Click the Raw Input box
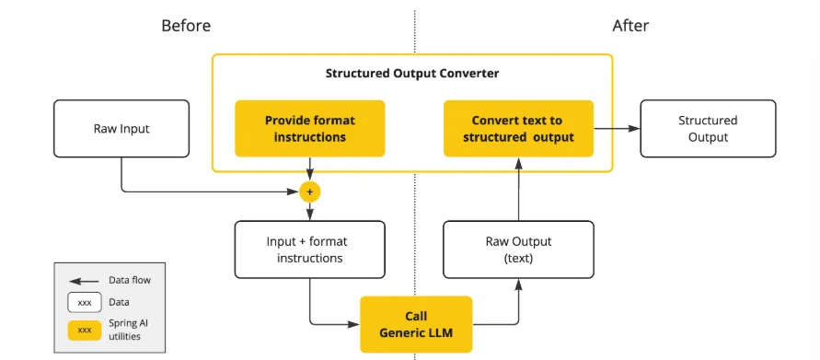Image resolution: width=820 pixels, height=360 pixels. pos(121,129)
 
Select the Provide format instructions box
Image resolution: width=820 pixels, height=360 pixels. pos(309,129)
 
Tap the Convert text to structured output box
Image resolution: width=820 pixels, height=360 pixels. pos(518,129)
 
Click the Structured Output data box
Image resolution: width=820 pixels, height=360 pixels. pos(708,129)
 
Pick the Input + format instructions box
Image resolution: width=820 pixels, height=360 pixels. pos(309,250)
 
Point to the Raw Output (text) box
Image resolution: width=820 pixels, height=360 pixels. pos(518,250)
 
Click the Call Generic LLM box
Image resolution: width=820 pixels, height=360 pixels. pos(416,324)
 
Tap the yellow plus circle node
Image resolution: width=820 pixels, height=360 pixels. pos(309,192)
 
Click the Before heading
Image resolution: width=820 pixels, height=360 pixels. pos(186,26)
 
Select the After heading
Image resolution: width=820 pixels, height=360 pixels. pos(630,26)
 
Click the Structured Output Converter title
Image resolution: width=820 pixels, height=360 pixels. pos(412,74)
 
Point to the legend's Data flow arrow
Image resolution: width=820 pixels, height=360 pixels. pos(84,281)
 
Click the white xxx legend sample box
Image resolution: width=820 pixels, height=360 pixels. pos(84,303)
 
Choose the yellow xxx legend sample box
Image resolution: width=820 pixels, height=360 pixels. pos(84,331)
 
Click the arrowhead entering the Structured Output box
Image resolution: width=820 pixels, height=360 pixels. pos(634,129)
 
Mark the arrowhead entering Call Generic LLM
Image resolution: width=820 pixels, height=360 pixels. pos(354,324)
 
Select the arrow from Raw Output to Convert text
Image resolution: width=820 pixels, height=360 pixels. pos(518,189)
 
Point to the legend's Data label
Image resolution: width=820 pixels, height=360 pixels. pos(119,302)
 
